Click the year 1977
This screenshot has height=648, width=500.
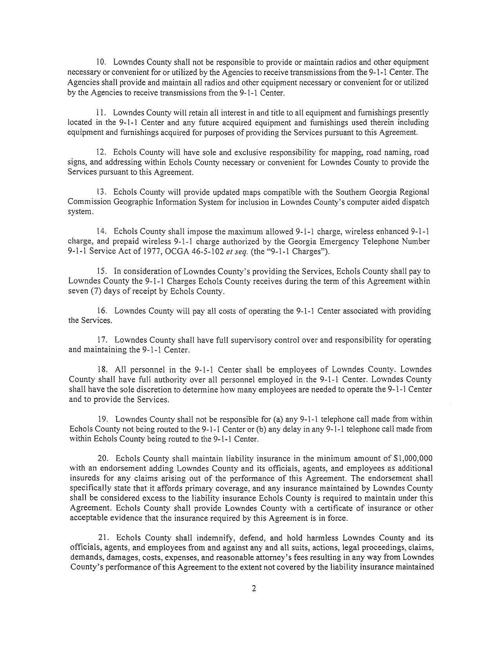click(126, 252)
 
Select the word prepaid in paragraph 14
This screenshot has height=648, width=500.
click(125, 241)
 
